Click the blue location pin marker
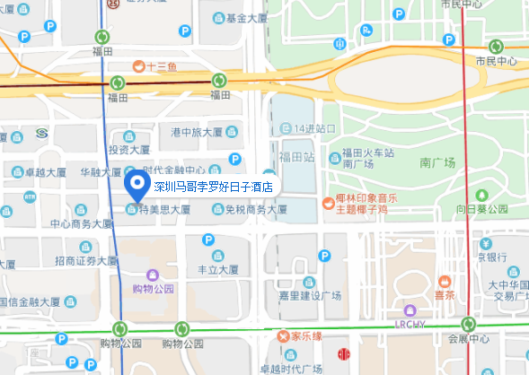tap(137, 187)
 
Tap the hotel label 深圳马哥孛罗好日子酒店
tap(213, 187)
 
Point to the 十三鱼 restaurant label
tap(158, 65)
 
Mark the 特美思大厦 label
tap(164, 209)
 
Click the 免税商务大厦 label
tap(255, 209)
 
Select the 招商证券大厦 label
tap(86, 261)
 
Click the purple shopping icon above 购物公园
tap(152, 274)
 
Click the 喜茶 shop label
tap(444, 293)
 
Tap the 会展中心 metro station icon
tap(468, 324)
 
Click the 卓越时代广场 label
tap(291, 369)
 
